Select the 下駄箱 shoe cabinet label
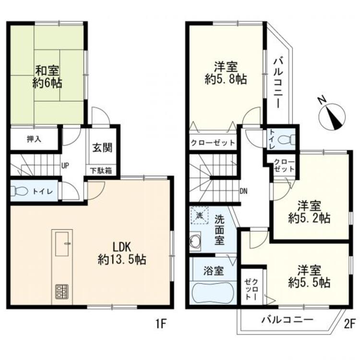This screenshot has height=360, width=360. [101, 170]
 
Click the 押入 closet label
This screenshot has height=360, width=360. [34, 139]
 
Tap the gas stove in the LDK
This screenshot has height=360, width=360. [61, 291]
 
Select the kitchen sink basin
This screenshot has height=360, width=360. [62, 244]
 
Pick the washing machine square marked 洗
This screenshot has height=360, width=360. [199, 216]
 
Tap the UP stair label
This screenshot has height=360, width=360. [65, 166]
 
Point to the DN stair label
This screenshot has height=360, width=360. [244, 191]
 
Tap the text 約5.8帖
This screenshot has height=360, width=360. [226, 80]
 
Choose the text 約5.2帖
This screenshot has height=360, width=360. [309, 218]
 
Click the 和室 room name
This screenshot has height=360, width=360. [47, 71]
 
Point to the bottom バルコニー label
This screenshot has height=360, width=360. [288, 320]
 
